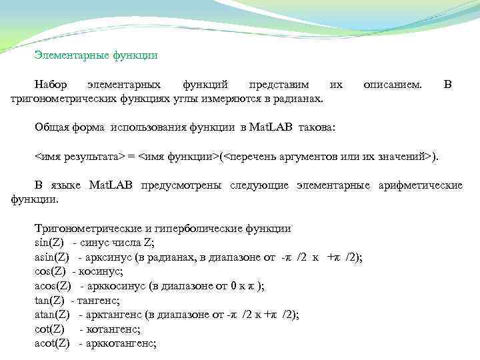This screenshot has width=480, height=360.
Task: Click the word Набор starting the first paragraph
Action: coord(52,85)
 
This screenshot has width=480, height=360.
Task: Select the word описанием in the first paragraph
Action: coord(392,85)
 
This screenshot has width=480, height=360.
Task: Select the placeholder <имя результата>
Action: coord(79,157)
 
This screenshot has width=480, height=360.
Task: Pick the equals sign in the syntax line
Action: coord(132,157)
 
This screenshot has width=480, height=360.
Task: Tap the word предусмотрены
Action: coord(181,185)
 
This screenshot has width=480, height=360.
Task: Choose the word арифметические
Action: coord(421,185)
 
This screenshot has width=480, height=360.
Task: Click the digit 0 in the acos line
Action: coord(233,286)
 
